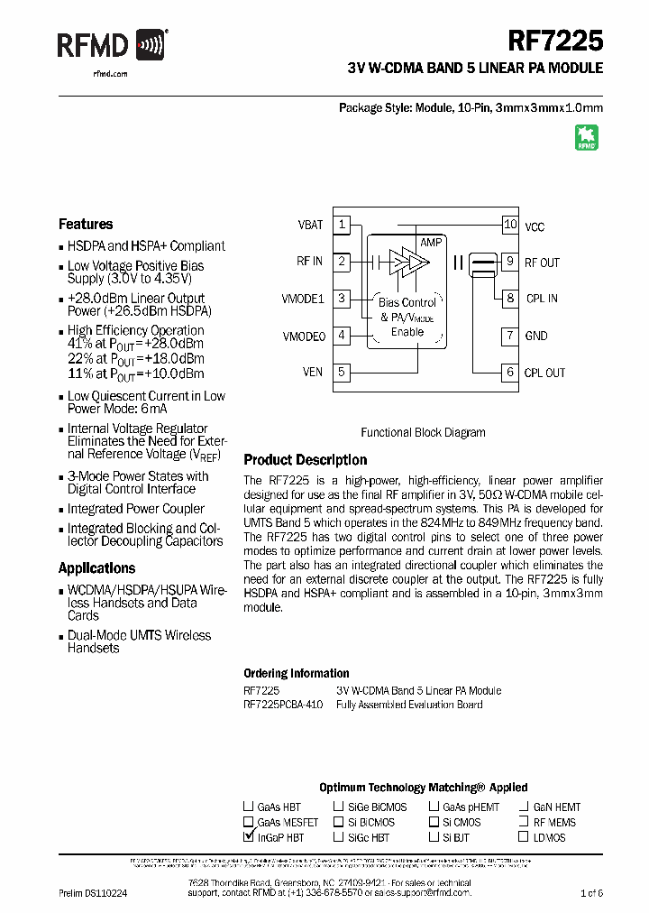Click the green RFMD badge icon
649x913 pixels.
pos(587,137)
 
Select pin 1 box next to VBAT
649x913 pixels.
pos(342,225)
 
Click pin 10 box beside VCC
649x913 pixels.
pos(510,225)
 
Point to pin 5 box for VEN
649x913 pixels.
pos(342,372)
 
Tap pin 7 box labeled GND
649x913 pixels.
pos(510,336)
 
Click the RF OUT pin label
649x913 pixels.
pos(542,263)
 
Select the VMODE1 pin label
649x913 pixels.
pos(303,299)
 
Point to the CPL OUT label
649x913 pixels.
pos(545,373)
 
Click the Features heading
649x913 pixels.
pos(86,225)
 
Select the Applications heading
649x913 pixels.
pos(96,568)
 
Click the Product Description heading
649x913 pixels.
pos(306,460)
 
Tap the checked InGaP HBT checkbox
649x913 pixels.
pos(248,837)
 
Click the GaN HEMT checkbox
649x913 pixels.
pos(524,807)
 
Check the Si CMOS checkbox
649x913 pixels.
pos(434,823)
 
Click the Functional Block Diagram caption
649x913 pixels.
pos(423,433)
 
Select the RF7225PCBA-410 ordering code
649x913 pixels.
pos(282,705)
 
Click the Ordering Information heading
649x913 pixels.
pos(297,674)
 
